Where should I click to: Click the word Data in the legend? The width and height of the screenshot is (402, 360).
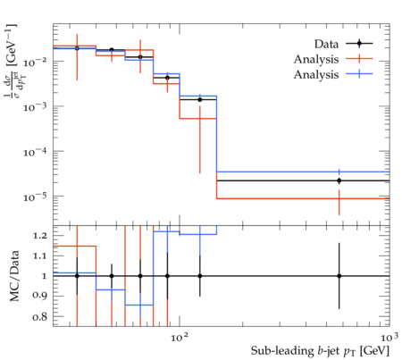[x=326, y=44]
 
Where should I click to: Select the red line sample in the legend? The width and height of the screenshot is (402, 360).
[x=359, y=59]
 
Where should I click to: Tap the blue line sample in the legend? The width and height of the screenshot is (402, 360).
[x=359, y=74]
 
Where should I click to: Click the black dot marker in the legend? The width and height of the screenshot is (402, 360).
[x=359, y=44]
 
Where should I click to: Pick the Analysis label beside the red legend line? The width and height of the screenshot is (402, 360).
[x=316, y=60]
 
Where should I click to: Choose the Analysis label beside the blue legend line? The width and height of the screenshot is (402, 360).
[x=316, y=75]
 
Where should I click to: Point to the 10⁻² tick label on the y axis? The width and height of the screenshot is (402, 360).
[x=35, y=63]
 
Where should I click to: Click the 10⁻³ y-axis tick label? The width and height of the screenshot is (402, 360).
[x=35, y=107]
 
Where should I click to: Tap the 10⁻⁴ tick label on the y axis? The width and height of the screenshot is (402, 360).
[x=35, y=153]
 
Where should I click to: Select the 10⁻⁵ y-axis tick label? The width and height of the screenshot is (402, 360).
[x=35, y=197]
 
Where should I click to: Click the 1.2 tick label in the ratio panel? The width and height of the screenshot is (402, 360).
[x=39, y=236]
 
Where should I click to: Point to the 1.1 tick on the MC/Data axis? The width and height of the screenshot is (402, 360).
[x=39, y=255]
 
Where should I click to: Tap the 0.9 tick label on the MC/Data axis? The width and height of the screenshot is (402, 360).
[x=39, y=296]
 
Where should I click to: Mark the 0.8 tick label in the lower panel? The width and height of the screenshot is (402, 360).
[x=39, y=316]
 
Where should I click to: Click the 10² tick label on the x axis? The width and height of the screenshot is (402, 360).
[x=180, y=337]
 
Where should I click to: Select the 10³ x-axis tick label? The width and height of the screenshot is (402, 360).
[x=389, y=337]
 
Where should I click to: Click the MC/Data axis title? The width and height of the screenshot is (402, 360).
[x=14, y=276]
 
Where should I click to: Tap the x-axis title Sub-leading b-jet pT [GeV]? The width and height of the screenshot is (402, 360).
[x=320, y=351]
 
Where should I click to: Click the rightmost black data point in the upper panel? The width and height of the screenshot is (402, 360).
[x=339, y=180]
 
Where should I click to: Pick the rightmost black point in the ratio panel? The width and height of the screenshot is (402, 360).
[x=339, y=276]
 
